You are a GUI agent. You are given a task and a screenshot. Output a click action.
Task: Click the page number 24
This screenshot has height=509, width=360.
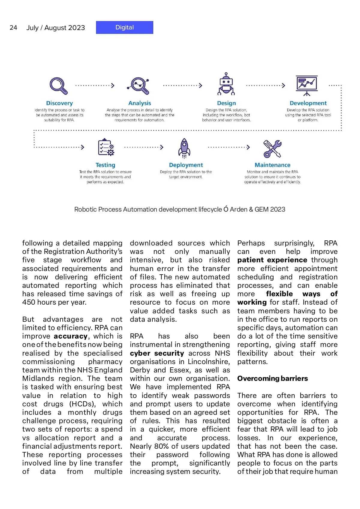point(13,28)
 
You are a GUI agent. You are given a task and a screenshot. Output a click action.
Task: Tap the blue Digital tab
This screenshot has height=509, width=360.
point(124,27)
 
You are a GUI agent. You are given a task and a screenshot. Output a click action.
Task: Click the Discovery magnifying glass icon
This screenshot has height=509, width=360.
point(58,86)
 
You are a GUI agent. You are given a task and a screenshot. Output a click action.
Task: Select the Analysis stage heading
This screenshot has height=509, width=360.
point(139,103)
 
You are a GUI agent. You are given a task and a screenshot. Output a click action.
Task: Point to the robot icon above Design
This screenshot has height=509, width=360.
point(226,84)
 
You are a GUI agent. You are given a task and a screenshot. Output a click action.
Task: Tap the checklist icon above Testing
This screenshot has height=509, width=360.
point(106,147)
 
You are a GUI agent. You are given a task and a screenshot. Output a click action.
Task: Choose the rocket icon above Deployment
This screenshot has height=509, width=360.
point(184,148)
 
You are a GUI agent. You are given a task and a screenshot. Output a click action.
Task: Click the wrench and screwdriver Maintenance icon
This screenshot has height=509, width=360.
point(272,149)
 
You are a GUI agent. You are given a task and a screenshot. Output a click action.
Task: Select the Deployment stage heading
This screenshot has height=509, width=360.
point(186,165)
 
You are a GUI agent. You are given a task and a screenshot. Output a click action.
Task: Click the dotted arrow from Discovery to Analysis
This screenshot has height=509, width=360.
point(95,86)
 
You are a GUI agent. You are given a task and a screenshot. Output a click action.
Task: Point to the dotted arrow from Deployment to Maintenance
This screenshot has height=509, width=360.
point(229,147)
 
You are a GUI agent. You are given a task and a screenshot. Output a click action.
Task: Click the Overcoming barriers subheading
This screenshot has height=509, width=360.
point(272,378)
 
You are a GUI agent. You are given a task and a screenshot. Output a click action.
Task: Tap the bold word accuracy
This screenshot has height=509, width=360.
point(70,336)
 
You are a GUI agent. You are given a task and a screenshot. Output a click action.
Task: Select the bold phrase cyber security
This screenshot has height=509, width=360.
point(157,353)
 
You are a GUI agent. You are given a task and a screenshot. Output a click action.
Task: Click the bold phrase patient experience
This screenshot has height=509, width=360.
point(272,260)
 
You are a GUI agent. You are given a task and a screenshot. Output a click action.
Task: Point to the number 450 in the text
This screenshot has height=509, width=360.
point(29,302)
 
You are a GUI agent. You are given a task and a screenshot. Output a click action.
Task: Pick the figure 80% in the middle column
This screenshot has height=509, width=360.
point(162,446)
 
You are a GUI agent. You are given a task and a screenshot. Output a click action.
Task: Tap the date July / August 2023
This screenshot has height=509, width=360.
point(55,28)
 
